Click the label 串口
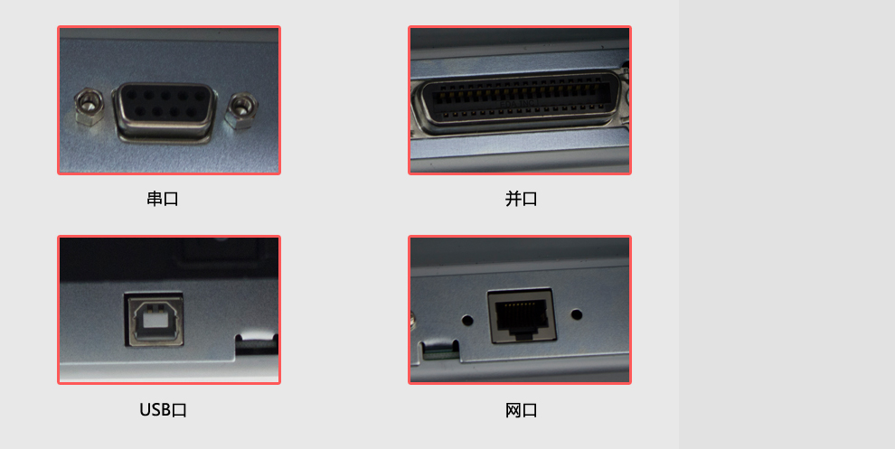click(163, 199)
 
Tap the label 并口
click(521, 199)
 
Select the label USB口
click(164, 409)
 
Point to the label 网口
click(521, 409)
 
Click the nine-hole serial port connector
click(165, 111)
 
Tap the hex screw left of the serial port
click(88, 107)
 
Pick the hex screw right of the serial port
click(240, 111)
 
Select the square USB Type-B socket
click(155, 321)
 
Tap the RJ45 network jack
click(522, 315)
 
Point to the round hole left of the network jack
click(467, 320)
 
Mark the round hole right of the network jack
click(577, 314)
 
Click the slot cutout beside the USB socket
click(256, 345)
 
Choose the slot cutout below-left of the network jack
click(439, 350)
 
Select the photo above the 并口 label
click(520, 100)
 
